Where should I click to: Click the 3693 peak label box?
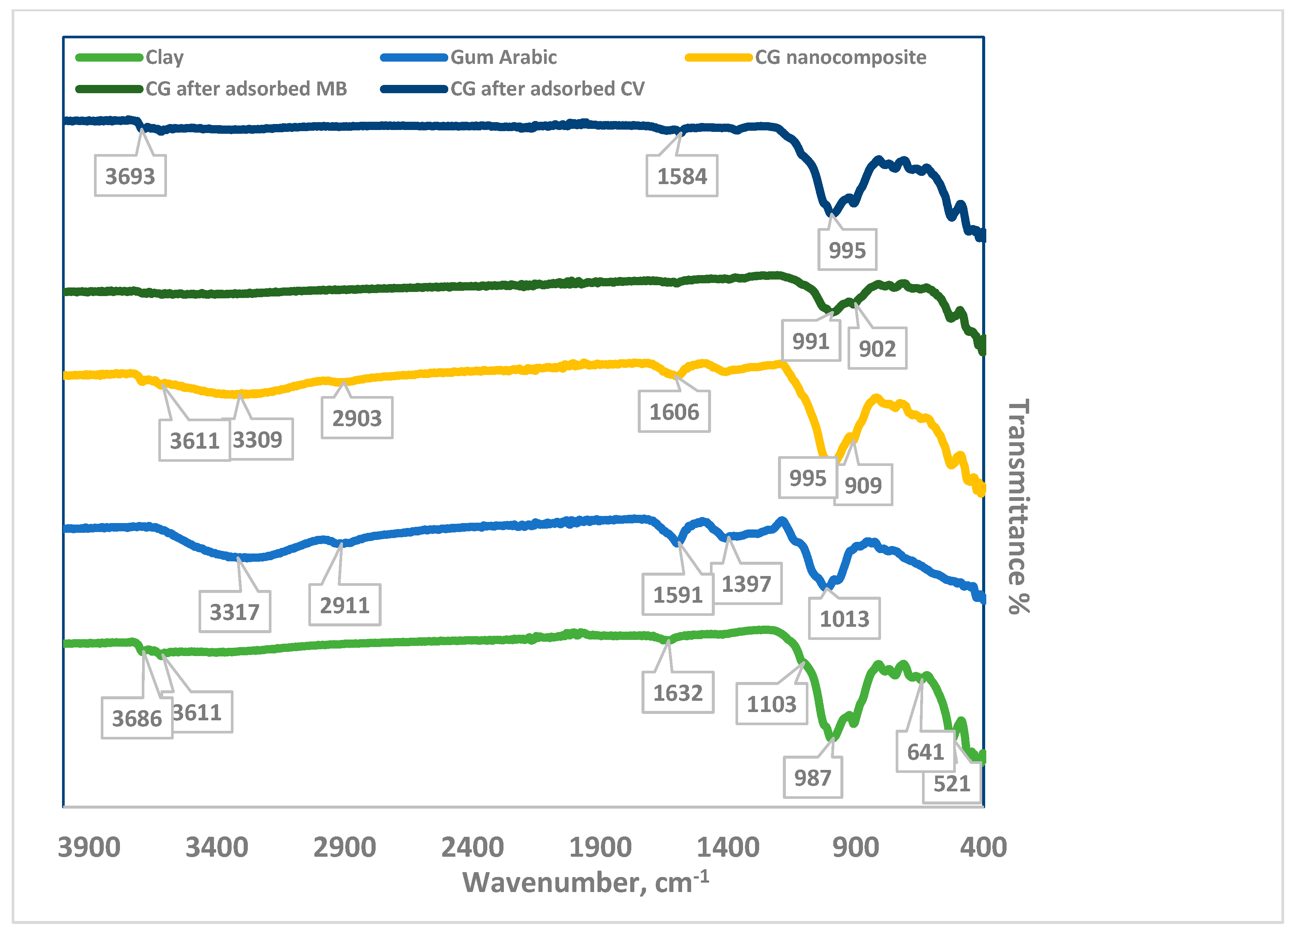130,176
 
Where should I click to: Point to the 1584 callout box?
682,176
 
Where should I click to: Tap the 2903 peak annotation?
357,418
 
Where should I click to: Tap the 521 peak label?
951,783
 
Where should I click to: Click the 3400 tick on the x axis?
217,847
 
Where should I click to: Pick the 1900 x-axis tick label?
600,847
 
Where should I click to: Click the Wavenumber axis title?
585,882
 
